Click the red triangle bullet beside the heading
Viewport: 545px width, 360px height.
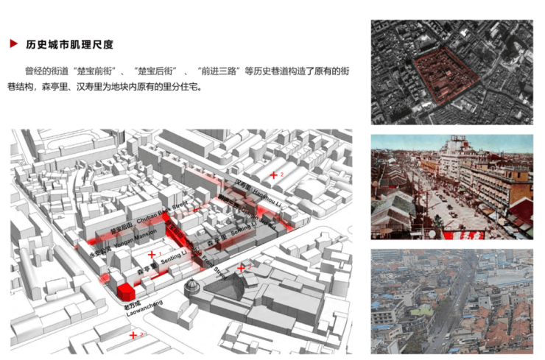[13, 44]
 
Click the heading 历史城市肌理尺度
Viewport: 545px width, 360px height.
[69, 44]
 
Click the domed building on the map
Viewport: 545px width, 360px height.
[192, 286]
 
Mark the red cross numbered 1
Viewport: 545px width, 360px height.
[152, 255]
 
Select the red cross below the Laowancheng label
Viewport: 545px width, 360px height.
[133, 336]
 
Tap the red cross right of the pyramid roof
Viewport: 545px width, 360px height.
[241, 267]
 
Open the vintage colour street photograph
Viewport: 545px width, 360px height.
[451, 188]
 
